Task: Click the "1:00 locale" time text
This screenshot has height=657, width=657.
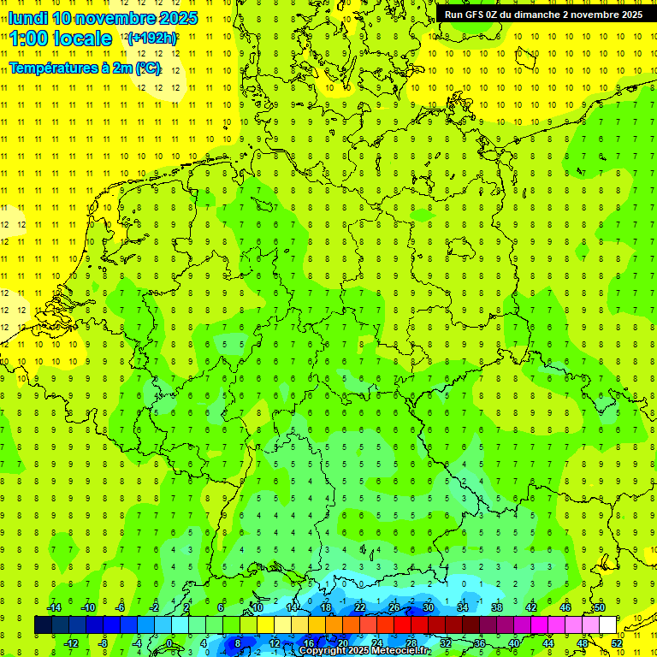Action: (x=62, y=38)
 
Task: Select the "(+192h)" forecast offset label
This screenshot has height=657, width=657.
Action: (x=152, y=38)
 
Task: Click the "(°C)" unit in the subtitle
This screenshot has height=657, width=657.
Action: (x=147, y=68)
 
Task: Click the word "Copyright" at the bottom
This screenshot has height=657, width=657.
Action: (x=323, y=651)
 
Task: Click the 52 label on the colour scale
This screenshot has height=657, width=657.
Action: (x=617, y=643)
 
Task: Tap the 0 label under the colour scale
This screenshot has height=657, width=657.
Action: (x=169, y=643)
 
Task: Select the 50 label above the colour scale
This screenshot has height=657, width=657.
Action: (x=600, y=607)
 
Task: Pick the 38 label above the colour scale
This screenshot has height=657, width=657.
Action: (x=496, y=607)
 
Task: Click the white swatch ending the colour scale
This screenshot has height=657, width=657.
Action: (x=607, y=625)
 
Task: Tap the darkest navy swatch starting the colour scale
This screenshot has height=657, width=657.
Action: (x=43, y=625)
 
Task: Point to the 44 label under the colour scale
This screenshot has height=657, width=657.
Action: (x=548, y=643)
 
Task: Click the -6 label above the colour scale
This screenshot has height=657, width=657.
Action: (x=121, y=607)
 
